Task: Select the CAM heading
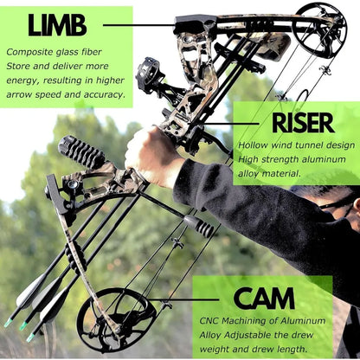[264, 299]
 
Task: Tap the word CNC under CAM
[208, 320]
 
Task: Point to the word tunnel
[315, 145]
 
